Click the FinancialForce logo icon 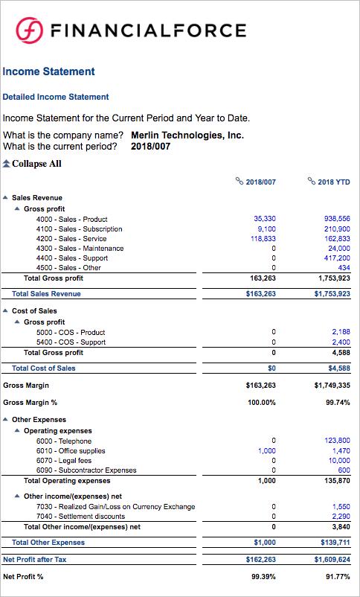point(29,30)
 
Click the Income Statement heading point(48,71)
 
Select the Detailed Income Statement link point(56,97)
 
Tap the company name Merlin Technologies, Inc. point(187,135)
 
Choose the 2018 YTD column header point(329,182)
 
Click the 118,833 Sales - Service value point(264,239)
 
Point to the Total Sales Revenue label point(46,294)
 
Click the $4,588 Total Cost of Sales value point(338,368)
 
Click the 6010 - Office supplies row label point(70,451)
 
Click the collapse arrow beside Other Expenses point(6,421)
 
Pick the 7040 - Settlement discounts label point(82,517)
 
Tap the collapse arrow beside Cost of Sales point(6,311)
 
